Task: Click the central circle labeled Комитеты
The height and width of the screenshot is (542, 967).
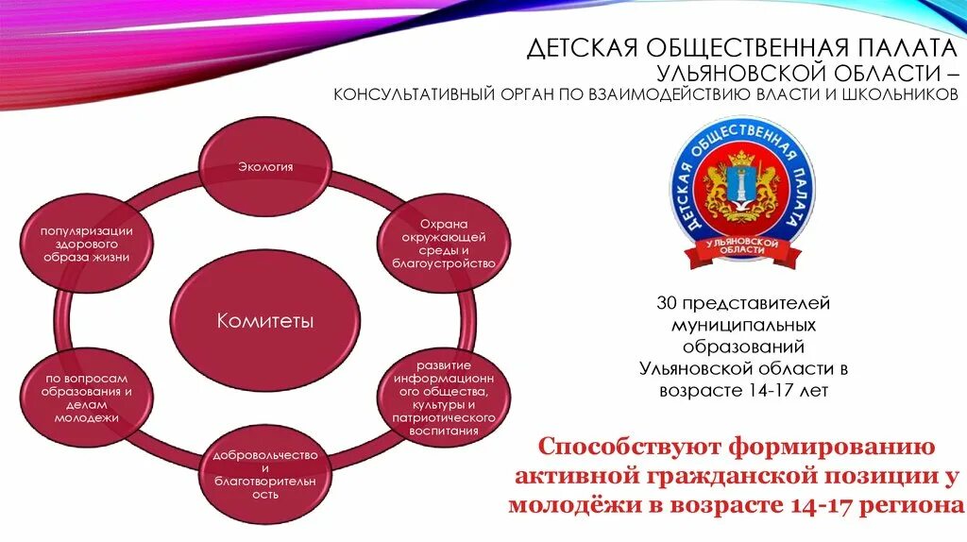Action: tap(264, 321)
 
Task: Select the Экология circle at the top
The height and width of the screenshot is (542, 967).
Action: tap(264, 167)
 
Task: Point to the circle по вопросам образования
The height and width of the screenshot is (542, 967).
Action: tap(86, 398)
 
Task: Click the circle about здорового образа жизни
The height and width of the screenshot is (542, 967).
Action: tap(85, 244)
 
